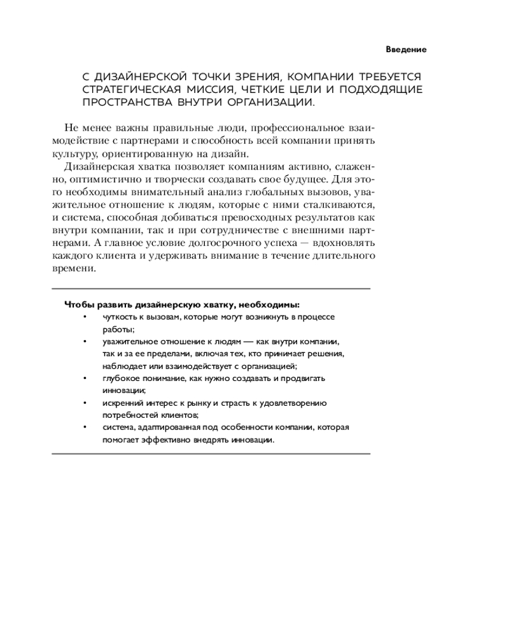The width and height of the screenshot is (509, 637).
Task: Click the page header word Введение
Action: pyautogui.click(x=405, y=49)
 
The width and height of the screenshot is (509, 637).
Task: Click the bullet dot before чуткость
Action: pyautogui.click(x=84, y=317)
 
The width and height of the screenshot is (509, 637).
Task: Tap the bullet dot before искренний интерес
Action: pyautogui.click(x=84, y=403)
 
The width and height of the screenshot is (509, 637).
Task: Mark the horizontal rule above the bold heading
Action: pyautogui.click(x=210, y=289)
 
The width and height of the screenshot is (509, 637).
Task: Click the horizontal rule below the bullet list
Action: pyautogui.click(x=210, y=454)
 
